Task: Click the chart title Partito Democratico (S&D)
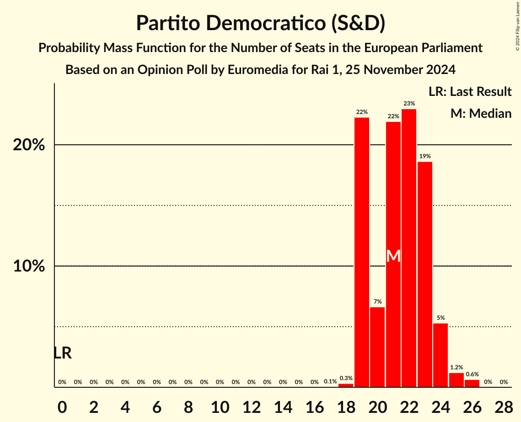tap(260, 23)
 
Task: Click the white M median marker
tap(393, 256)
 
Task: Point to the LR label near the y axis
tap(63, 353)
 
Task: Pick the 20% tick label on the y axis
tap(29, 145)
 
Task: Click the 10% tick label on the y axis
tap(29, 266)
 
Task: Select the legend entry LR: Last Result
tap(470, 92)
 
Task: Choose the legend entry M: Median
tap(481, 113)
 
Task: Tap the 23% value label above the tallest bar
tap(409, 104)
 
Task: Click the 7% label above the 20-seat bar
tap(377, 302)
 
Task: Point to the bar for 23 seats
tap(424, 274)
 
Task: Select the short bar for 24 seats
tap(440, 355)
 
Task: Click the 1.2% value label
tap(456, 368)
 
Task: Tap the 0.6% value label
tap(472, 375)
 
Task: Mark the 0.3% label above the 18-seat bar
tap(346, 378)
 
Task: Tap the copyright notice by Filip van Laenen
tap(517, 25)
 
